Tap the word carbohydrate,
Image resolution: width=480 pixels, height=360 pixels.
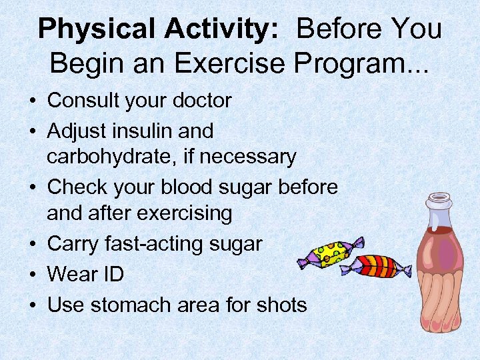[111, 157]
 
